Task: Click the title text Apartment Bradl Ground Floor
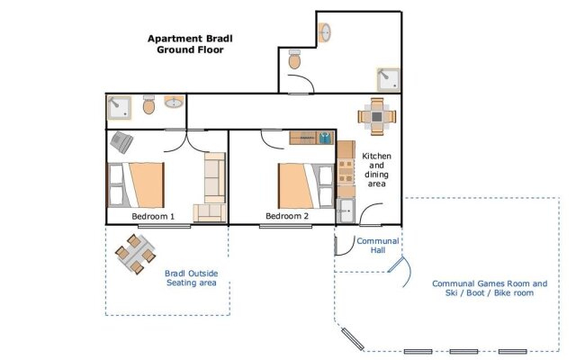[190, 44]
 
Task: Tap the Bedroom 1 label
[153, 216]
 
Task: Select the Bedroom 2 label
[287, 216]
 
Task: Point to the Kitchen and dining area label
[376, 170]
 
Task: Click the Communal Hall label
[378, 246]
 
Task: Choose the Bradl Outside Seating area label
[191, 278]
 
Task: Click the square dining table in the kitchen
[377, 117]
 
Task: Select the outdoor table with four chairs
[135, 254]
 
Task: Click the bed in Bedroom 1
[136, 185]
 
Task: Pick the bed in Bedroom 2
[306, 186]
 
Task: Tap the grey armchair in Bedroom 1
[121, 142]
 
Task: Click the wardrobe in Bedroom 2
[311, 138]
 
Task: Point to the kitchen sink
[346, 211]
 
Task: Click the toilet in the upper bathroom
[294, 59]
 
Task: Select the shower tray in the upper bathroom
[388, 80]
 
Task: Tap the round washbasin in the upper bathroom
[324, 32]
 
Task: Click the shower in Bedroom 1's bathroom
[119, 108]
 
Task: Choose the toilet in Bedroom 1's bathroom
[148, 104]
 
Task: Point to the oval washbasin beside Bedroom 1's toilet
[174, 103]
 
